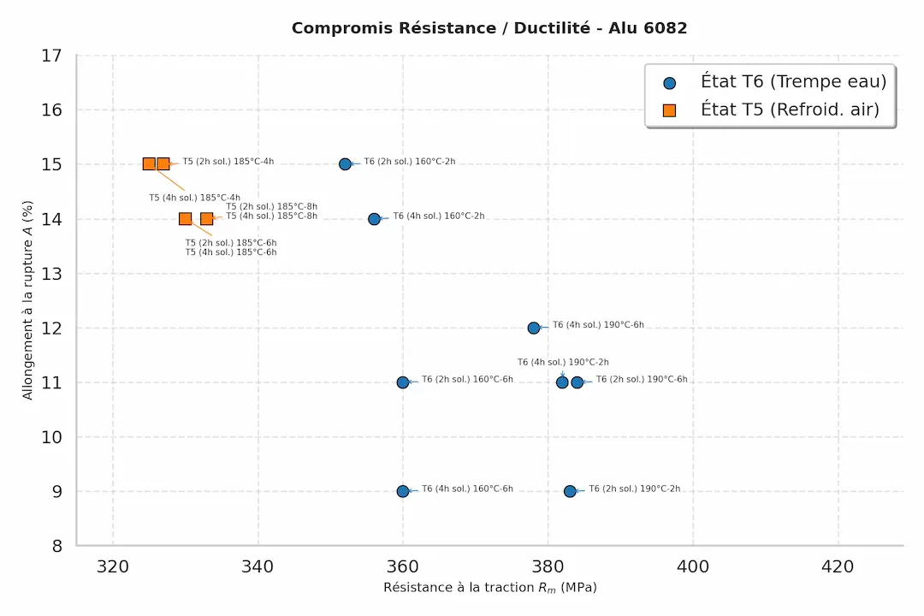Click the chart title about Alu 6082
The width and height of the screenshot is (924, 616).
coord(489,28)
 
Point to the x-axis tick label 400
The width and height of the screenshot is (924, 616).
coord(693,566)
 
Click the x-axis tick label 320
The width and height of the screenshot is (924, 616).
coord(113,566)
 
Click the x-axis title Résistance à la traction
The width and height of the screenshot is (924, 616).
coord(489,588)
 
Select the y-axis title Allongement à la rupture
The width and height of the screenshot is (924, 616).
coord(28,300)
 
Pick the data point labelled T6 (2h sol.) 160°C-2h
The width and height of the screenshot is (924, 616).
coord(345,163)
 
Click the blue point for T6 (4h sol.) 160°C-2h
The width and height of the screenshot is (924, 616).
coord(374,219)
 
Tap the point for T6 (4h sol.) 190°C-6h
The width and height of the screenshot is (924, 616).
coord(534,328)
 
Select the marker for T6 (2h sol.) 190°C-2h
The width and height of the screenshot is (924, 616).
coord(570,491)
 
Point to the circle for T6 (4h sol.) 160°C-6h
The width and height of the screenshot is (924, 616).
coord(403,491)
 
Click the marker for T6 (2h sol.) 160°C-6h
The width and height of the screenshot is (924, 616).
coord(403,382)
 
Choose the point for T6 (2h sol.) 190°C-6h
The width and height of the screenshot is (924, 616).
coord(577,382)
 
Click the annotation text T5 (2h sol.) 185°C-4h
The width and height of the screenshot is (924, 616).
coord(228,162)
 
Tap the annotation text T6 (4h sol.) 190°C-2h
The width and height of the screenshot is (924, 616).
coord(563,363)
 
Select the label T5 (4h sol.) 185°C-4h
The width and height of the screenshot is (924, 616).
coord(195,198)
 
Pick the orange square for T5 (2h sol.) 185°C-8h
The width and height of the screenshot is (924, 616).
coord(206,219)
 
